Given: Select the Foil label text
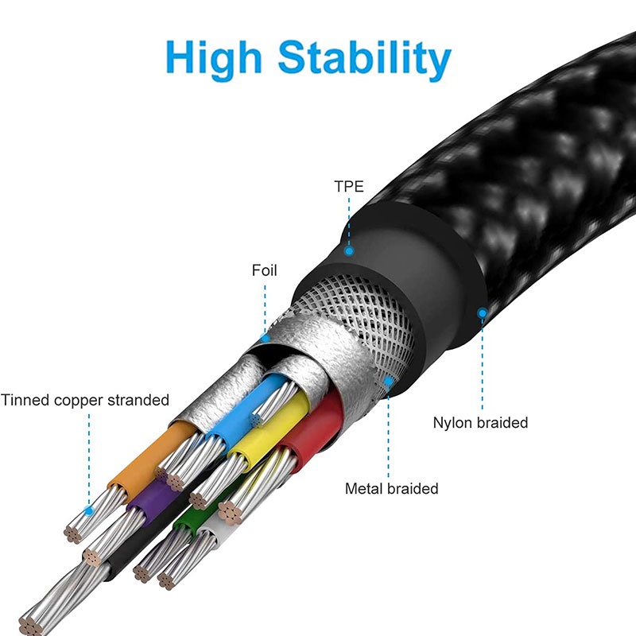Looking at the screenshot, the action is pyautogui.click(x=265, y=271).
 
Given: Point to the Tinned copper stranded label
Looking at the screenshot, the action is pyautogui.click(x=85, y=400).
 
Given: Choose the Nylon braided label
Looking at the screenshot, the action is pyautogui.click(x=480, y=422).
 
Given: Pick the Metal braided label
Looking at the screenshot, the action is pyautogui.click(x=391, y=488).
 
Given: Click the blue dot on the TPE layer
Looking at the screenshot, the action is pyautogui.click(x=348, y=251).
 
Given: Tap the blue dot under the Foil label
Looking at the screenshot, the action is pyautogui.click(x=266, y=337).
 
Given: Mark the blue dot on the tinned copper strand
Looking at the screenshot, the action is pyautogui.click(x=90, y=510).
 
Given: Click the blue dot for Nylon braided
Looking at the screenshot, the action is pyautogui.click(x=482, y=313).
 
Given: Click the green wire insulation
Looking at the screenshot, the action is pyautogui.click(x=186, y=521).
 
